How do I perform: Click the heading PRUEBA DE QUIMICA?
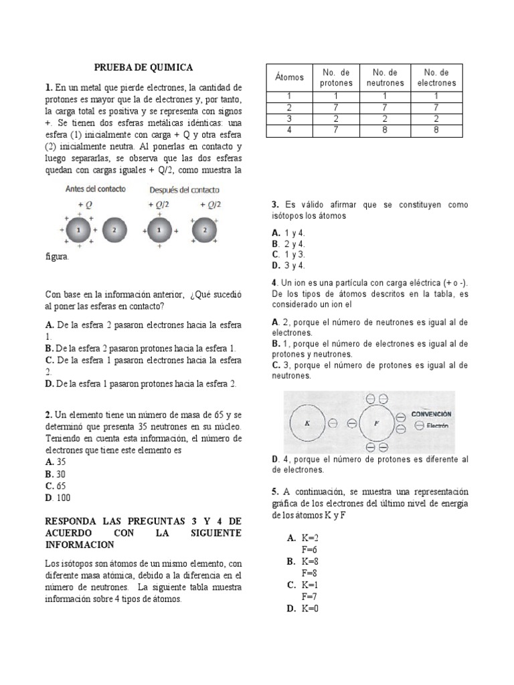point(143,68)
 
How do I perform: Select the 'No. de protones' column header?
point(336,78)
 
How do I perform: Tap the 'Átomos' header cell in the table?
point(289,78)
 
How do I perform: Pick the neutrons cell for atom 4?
point(385,130)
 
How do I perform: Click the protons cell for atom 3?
point(336,118)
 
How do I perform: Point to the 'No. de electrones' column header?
point(436,78)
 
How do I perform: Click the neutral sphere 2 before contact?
point(114,229)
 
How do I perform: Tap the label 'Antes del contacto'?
point(95,189)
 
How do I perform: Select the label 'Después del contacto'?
point(184,189)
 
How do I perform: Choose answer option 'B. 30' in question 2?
point(57,474)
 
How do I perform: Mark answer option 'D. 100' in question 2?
point(58,498)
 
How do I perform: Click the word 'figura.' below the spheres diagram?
point(57,256)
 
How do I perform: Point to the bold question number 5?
point(275,492)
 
